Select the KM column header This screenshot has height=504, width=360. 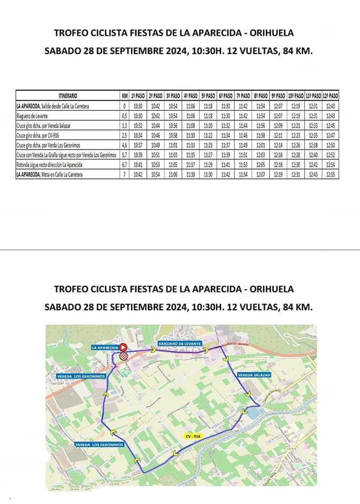point(124,96)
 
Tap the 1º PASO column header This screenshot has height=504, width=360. point(139,96)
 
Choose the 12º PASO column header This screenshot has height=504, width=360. point(330,96)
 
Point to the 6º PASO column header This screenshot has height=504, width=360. point(226,96)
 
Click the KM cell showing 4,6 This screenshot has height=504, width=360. point(124,145)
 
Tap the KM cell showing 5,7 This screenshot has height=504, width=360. point(124,155)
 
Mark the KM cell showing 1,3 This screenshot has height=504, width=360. point(124,125)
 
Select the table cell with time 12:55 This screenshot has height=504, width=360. point(330,174)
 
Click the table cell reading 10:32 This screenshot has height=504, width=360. point(139,125)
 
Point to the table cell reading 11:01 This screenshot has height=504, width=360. point(173,145)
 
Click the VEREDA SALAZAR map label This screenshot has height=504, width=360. point(253,375)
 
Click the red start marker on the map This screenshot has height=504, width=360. point(123,347)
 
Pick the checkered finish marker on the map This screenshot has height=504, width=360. point(123,356)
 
